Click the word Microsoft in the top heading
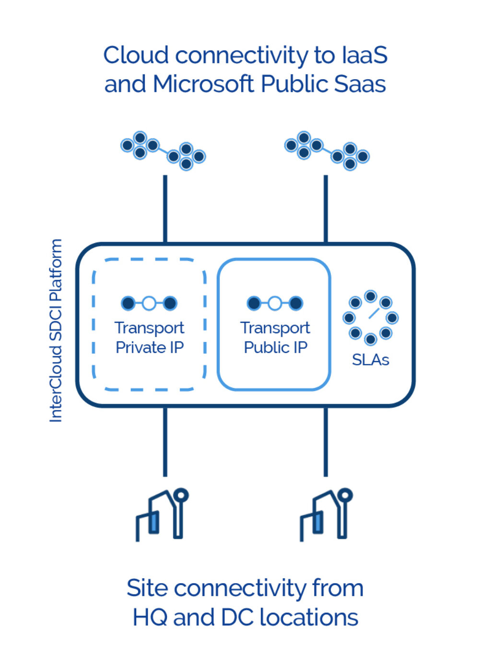(204, 84)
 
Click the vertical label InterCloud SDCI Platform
(56, 330)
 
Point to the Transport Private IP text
(150, 338)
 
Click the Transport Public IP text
(275, 338)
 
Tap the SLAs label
(370, 360)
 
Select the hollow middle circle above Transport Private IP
(149, 303)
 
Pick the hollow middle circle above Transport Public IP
(275, 303)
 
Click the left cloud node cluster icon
(163, 150)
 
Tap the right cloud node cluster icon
(327, 150)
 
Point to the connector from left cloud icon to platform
(165, 209)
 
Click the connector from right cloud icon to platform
(326, 209)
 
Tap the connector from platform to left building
(165, 441)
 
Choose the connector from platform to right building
(326, 441)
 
